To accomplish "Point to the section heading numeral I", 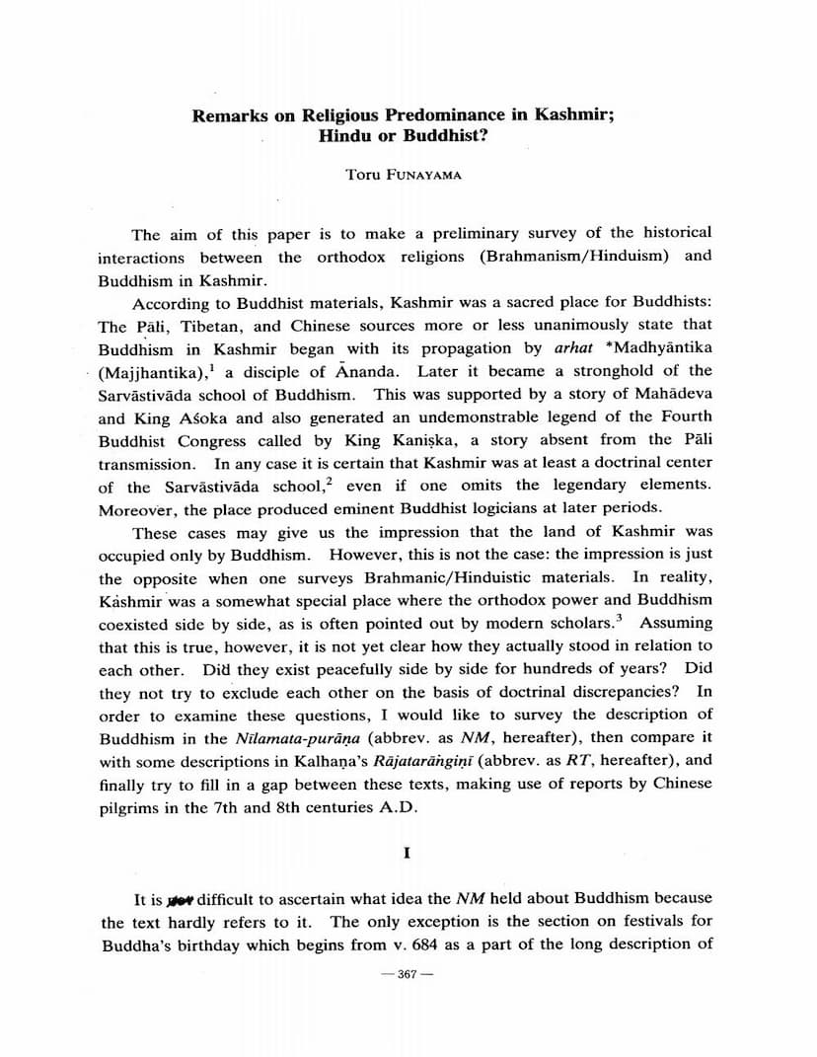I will tap(407, 854).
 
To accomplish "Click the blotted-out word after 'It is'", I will tap(181, 899).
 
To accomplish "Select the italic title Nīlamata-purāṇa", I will tap(263, 738).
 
